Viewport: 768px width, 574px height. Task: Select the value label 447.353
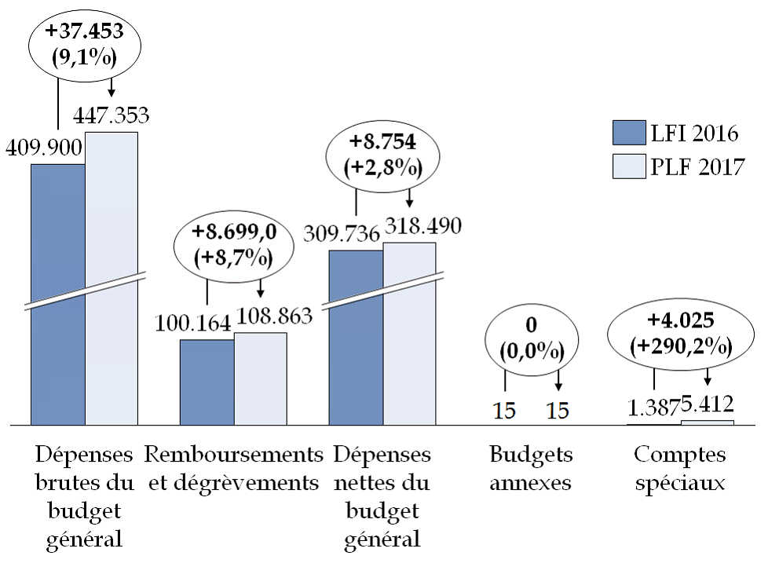pos(111,116)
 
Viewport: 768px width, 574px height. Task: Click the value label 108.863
pos(272,316)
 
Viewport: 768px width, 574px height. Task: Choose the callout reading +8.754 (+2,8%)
pos(383,155)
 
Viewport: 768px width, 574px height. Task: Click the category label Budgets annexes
pos(531,469)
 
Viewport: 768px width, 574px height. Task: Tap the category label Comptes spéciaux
pos(680,469)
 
